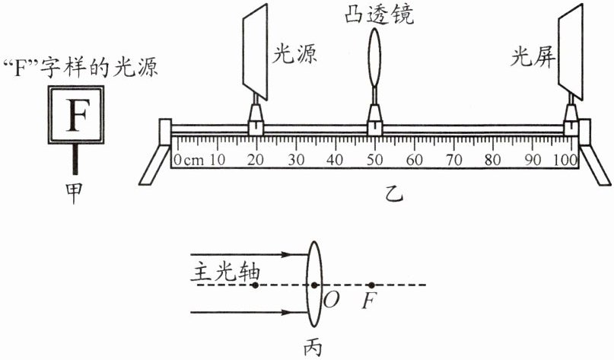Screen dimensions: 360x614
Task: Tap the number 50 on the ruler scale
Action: pyautogui.click(x=374, y=161)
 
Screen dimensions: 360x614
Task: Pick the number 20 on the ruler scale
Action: pyautogui.click(x=256, y=161)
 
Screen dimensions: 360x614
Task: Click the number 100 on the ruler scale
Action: pyautogui.click(x=567, y=161)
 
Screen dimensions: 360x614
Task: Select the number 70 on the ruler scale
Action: pyautogui.click(x=453, y=161)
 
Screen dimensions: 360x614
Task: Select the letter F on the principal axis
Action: pyautogui.click(x=370, y=301)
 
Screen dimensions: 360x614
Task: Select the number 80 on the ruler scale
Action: pyautogui.click(x=493, y=161)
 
